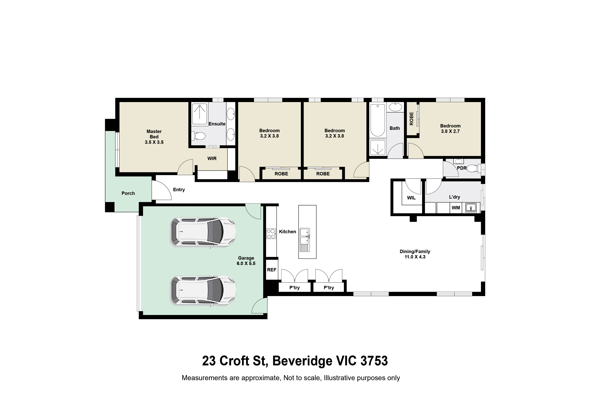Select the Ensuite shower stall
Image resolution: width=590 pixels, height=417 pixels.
click(200, 114)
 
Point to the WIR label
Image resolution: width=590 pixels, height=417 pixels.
click(212, 159)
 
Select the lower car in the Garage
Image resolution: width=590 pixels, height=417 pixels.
click(203, 290)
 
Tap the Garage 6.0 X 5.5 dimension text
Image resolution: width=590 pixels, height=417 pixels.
click(246, 263)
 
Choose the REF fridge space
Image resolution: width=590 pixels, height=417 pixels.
click(272, 270)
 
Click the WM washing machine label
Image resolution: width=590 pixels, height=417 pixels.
click(456, 208)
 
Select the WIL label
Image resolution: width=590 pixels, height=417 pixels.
click(411, 198)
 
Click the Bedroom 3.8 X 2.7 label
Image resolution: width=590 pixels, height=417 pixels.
click(450, 128)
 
